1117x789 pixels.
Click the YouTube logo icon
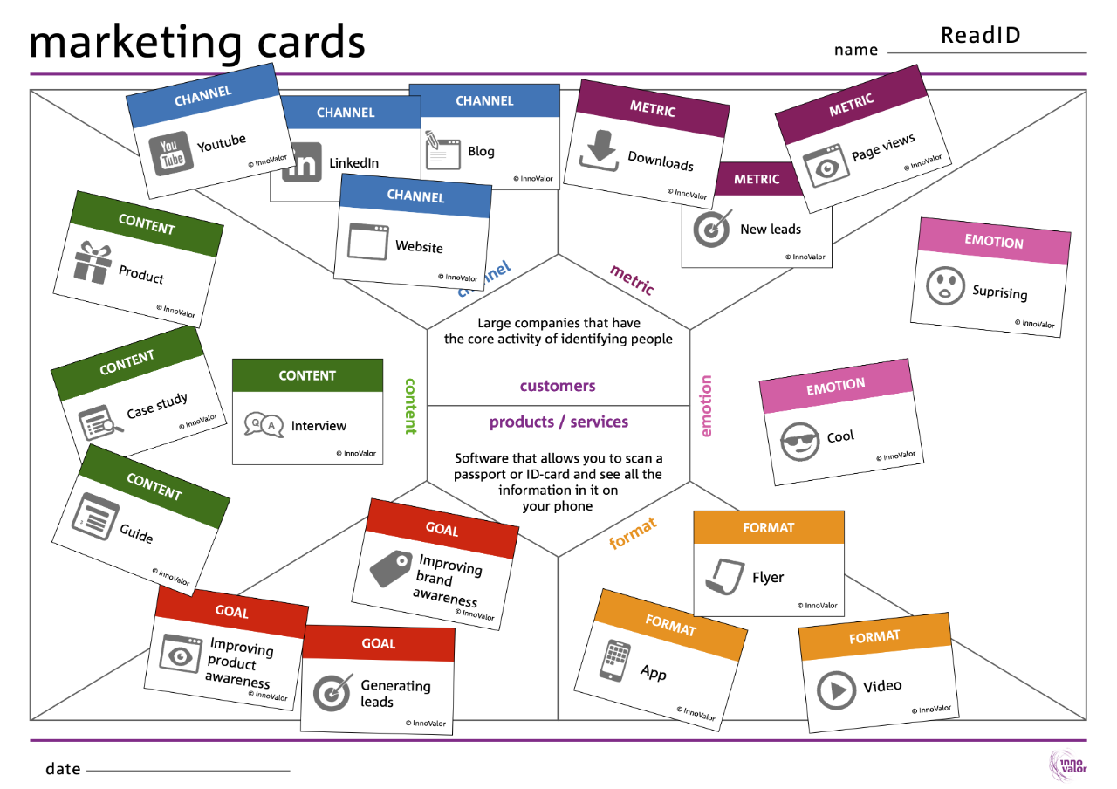(x=171, y=154)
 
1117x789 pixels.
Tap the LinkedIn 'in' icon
(x=303, y=163)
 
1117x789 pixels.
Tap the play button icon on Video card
(x=836, y=690)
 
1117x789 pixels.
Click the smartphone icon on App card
(x=614, y=661)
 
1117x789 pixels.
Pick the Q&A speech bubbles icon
(x=264, y=425)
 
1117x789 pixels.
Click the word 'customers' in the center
(x=558, y=386)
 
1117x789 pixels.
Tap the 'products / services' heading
(x=558, y=422)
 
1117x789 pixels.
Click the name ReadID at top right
(x=980, y=35)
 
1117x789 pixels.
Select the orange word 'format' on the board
(x=632, y=533)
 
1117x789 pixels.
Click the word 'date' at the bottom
(x=63, y=769)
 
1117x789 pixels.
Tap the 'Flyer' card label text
(x=768, y=577)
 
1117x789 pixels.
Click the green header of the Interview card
(x=307, y=375)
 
